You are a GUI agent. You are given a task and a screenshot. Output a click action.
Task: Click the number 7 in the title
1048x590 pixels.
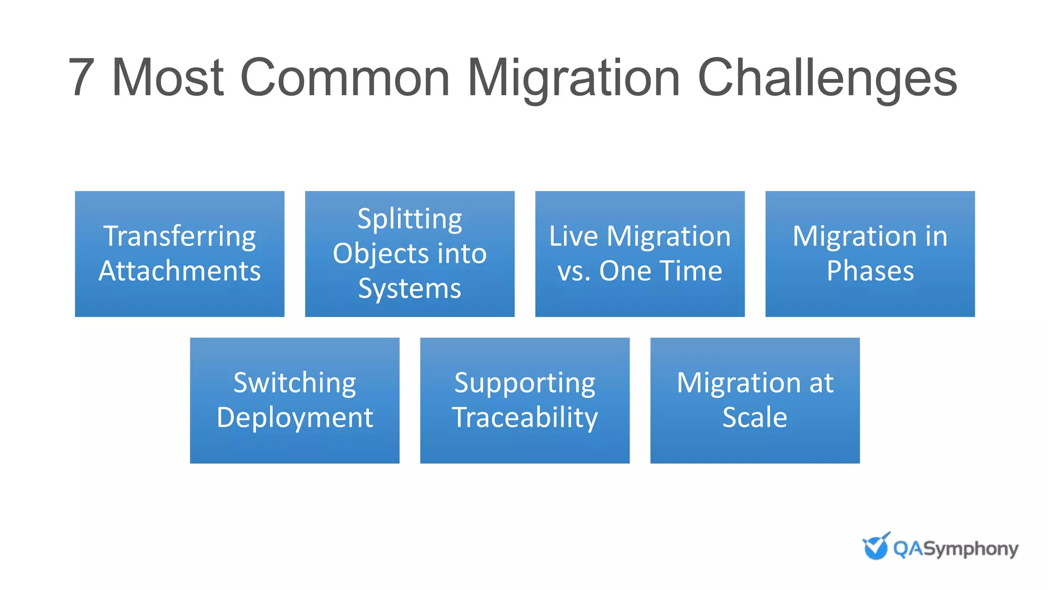coord(81,78)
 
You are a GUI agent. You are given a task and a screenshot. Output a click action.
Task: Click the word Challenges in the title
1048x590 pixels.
coord(827,78)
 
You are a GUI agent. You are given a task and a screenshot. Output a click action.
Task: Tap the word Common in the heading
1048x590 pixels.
coord(344,78)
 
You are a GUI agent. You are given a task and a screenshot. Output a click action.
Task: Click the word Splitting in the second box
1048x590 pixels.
coord(409,219)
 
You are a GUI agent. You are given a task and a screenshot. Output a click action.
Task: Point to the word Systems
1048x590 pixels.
coord(409,288)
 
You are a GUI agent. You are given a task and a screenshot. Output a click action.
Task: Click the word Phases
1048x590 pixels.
coord(870,271)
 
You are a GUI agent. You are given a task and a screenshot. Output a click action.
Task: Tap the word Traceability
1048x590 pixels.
coord(525,417)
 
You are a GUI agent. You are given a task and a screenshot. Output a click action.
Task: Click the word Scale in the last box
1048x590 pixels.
coord(755,417)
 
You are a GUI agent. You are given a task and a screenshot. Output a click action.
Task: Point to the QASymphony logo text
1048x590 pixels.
coord(955,549)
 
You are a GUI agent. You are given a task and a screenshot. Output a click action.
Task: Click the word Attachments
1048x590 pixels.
coord(180,271)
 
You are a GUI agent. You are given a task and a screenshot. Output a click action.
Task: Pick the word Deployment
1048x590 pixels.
coord(295,417)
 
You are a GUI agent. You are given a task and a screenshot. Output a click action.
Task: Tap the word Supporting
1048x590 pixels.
coord(525,383)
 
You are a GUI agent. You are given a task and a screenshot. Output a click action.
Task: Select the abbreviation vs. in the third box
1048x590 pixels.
coord(574,271)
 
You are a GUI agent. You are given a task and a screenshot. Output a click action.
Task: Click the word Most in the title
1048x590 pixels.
coord(167,78)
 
